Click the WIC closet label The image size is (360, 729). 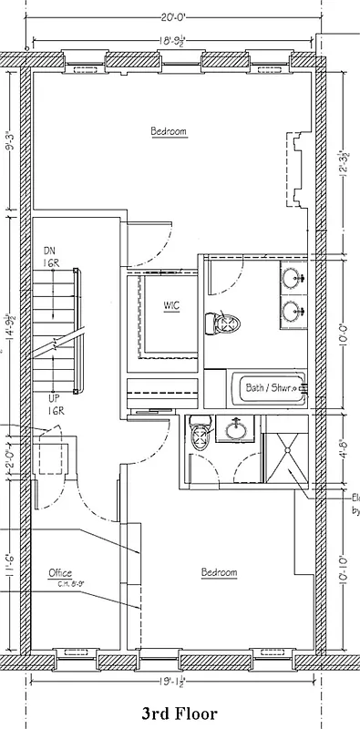point(171,305)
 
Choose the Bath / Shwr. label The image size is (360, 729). point(271,387)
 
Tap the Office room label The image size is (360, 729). point(60,572)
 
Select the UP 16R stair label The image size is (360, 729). point(56,406)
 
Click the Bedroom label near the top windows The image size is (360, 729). point(169,132)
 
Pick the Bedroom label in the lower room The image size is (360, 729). point(219,572)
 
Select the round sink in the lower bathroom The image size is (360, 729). point(239,429)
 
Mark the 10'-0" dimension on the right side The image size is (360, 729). point(341,333)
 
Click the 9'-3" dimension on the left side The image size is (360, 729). point(9,146)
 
